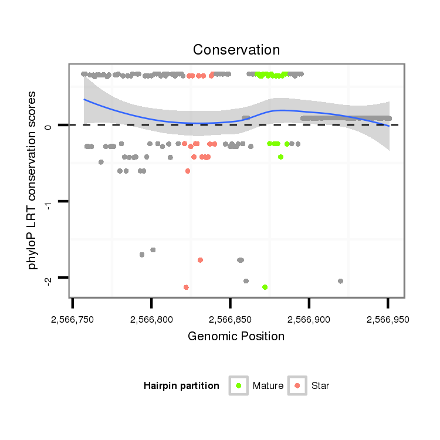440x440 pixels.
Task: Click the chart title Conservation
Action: [236, 49]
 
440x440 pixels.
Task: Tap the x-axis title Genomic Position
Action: [236, 337]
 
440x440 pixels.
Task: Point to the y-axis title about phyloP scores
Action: [33, 180]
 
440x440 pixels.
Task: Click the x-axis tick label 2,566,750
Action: [73, 320]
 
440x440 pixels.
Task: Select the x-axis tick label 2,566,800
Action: [151, 320]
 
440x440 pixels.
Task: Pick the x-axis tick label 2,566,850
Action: [230, 320]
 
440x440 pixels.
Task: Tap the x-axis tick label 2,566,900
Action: [309, 320]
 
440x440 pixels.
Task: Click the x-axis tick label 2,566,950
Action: [387, 320]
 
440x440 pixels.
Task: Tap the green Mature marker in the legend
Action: [239, 385]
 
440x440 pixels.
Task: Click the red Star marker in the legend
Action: [298, 385]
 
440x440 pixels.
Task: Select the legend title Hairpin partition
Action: [181, 386]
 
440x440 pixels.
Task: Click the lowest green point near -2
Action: [265, 287]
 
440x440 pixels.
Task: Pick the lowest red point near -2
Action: [186, 287]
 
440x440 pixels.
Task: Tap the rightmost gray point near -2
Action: [340, 281]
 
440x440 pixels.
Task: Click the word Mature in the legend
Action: [268, 386]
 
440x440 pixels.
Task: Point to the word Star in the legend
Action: [320, 386]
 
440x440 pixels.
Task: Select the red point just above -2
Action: [200, 260]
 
